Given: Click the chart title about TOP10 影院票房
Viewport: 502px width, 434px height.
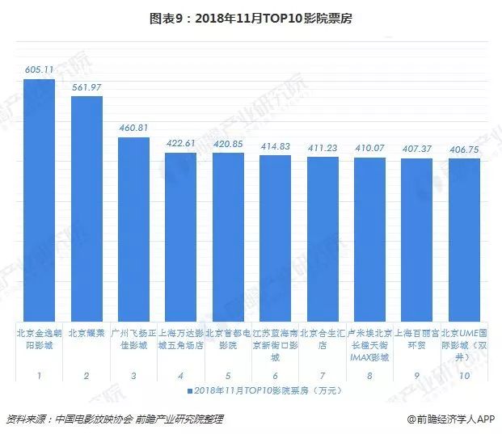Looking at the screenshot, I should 251,15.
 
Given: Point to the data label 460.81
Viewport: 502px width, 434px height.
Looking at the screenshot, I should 133,128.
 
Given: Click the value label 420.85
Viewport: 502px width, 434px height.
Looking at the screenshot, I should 228,143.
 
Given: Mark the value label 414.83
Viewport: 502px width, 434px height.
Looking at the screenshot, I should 276,145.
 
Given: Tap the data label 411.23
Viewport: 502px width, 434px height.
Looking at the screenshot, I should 323,146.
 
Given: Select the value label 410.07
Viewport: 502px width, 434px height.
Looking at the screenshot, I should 369,147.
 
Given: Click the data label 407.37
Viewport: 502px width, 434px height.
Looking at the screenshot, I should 417,148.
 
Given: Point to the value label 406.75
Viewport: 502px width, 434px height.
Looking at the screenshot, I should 464,149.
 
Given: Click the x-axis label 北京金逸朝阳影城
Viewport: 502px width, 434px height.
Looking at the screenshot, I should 40,339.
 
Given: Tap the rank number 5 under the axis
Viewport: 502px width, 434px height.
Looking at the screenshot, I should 228,376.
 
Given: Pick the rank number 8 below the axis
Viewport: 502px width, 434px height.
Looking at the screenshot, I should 369,376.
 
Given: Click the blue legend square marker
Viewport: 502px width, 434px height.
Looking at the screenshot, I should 191,390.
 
